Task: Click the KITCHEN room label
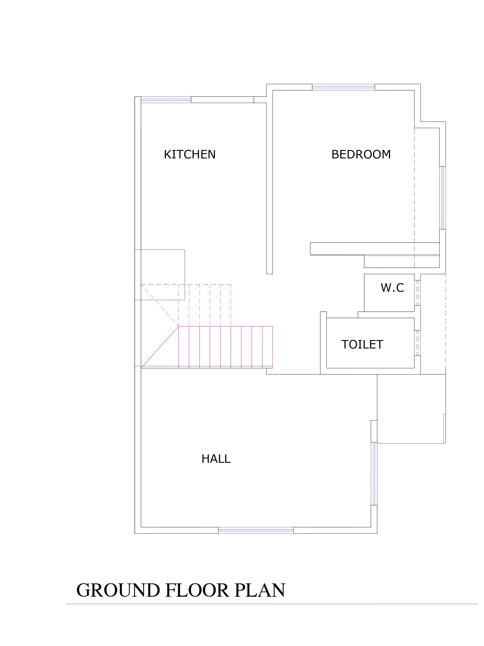tap(190, 154)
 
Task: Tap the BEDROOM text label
tap(361, 154)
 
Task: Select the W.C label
tap(392, 288)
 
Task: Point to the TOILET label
tap(362, 345)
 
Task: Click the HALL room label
tap(216, 459)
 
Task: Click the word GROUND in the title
tap(118, 590)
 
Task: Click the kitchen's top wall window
tap(166, 100)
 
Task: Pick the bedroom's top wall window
tap(343, 87)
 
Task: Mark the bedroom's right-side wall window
tap(443, 198)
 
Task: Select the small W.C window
tap(417, 293)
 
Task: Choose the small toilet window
tap(417, 343)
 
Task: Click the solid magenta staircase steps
tap(226, 347)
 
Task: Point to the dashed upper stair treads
tap(205, 305)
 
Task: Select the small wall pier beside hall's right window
tap(374, 431)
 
